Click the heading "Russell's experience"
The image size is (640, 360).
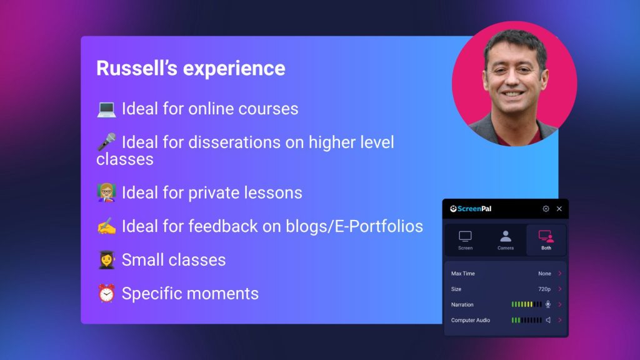[x=191, y=68]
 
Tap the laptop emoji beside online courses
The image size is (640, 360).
[x=106, y=109]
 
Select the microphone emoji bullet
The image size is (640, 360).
[x=106, y=142]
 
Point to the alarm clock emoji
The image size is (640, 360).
[x=106, y=294]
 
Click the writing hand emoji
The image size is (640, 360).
[x=106, y=226]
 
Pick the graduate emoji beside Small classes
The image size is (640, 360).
[x=106, y=260]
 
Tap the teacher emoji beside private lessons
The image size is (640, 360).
[x=106, y=192]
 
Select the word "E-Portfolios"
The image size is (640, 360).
[x=379, y=226]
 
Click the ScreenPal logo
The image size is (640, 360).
[x=470, y=209]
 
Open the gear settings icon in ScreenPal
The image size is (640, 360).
[x=546, y=209]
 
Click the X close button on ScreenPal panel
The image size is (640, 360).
[x=559, y=209]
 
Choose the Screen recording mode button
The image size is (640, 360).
[x=465, y=240]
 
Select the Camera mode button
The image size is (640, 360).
[x=505, y=240]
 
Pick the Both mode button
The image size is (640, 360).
[x=546, y=240]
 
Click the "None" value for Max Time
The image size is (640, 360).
[x=544, y=274]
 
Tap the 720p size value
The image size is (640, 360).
[x=544, y=289]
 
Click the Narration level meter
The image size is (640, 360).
[x=526, y=304]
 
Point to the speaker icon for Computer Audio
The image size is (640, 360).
[x=548, y=320]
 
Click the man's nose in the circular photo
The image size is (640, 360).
[x=513, y=79]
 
